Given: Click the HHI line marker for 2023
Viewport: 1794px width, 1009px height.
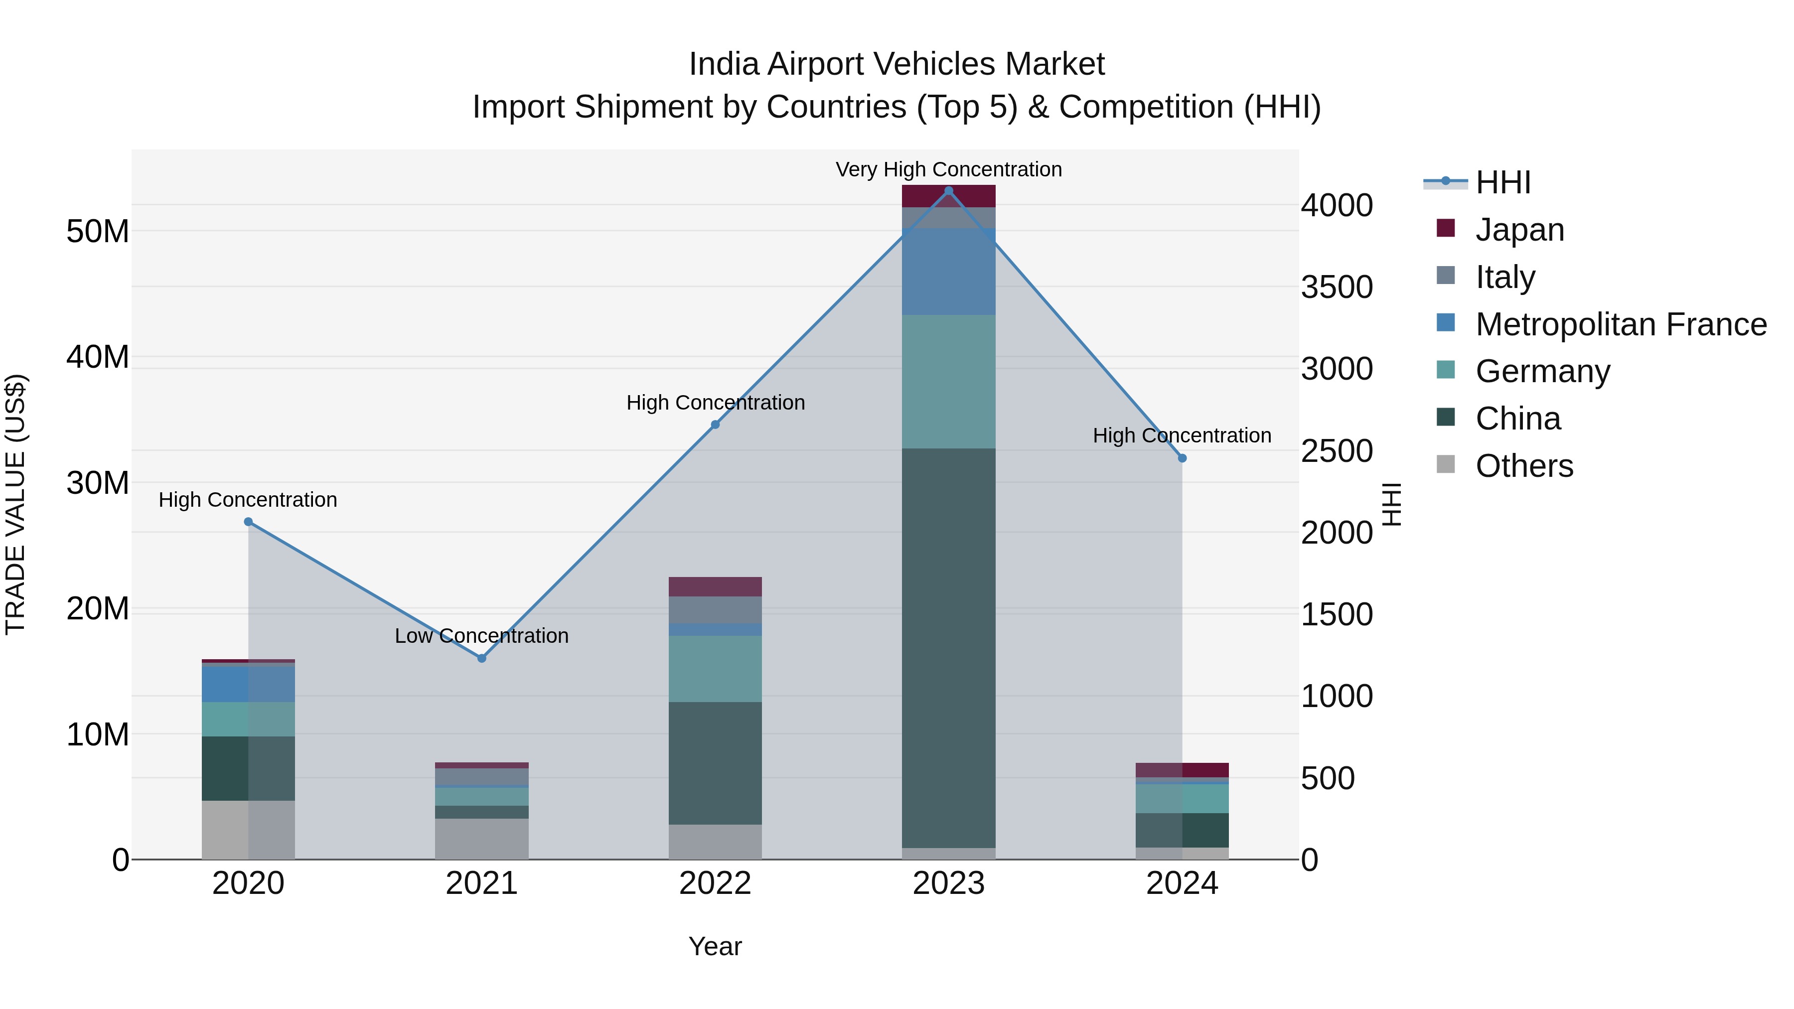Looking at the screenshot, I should pos(948,191).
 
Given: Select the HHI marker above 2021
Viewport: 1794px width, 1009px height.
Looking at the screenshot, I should pos(481,658).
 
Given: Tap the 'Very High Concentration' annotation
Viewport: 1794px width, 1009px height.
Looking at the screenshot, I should pos(948,169).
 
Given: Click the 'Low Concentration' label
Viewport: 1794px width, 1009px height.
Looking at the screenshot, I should pos(481,636).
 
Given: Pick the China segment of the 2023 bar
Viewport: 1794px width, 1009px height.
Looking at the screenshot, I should pos(948,648).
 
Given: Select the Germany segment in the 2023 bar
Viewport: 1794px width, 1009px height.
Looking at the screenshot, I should pos(948,382).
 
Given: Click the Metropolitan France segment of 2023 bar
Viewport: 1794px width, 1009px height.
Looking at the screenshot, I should pos(948,272).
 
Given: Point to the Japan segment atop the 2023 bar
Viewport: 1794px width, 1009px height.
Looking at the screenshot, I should pos(948,197).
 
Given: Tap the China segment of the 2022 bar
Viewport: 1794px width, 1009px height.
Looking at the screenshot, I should pos(715,763).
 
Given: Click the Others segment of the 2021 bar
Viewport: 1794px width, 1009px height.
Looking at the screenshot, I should pos(481,839).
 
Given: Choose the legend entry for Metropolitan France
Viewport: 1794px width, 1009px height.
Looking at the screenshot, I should pos(1620,324).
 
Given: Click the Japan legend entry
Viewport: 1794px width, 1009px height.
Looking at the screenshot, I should pos(1519,230).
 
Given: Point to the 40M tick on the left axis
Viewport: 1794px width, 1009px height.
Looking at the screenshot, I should pos(98,357).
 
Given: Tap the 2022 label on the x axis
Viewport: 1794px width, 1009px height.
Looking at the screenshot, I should pos(715,883).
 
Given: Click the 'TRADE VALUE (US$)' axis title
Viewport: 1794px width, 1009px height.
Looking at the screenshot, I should pos(15,504).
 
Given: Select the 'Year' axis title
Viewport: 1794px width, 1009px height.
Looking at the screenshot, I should pos(715,946).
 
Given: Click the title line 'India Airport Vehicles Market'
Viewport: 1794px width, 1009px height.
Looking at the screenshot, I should pos(897,64).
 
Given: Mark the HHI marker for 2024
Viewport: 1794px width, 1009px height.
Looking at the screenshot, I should pos(1182,458).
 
